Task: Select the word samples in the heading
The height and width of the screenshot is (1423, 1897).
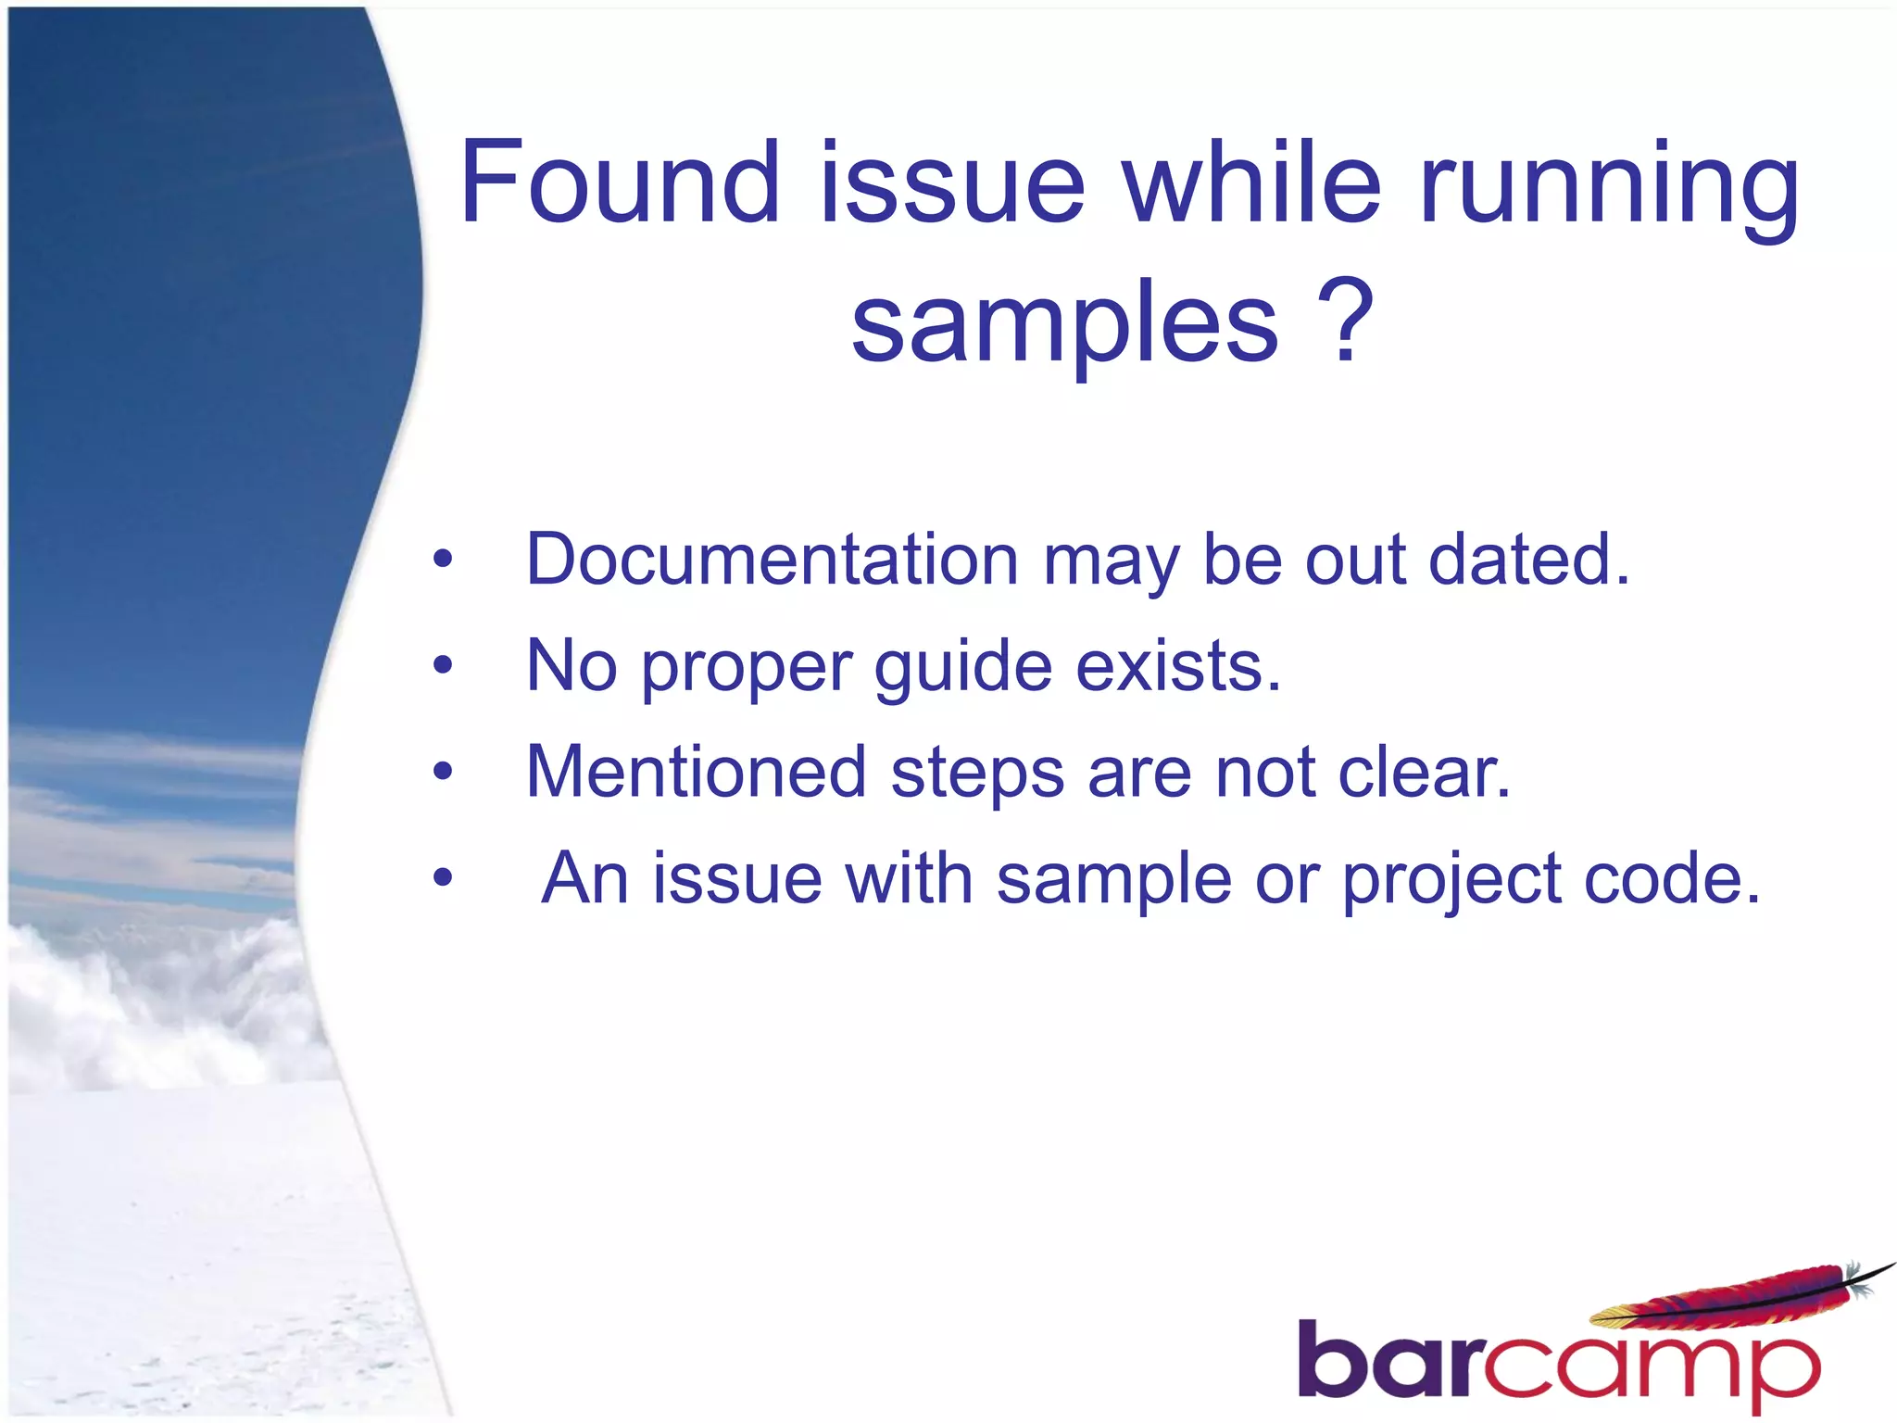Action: pyautogui.click(x=1064, y=324)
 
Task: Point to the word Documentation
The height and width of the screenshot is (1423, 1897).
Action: pyautogui.click(x=773, y=560)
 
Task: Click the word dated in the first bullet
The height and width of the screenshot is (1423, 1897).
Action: pyautogui.click(x=1528, y=560)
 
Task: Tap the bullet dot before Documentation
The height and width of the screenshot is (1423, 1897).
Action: pyautogui.click(x=443, y=559)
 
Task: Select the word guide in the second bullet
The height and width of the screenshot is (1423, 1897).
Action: pyautogui.click(x=963, y=667)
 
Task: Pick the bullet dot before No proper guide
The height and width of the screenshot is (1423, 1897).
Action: pyautogui.click(x=443, y=664)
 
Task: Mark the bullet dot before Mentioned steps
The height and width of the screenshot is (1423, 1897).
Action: pyautogui.click(x=443, y=770)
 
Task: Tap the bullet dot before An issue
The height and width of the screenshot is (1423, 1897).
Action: pyautogui.click(x=443, y=876)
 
